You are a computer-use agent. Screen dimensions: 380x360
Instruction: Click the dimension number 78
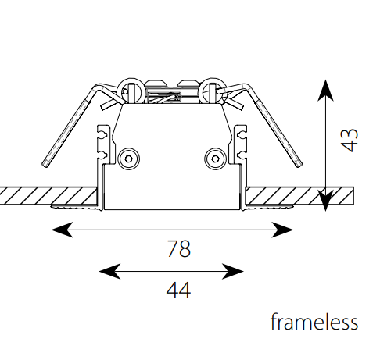coord(178,249)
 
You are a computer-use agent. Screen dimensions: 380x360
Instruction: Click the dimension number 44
coord(178,290)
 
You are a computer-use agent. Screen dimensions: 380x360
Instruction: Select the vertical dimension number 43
coord(350,140)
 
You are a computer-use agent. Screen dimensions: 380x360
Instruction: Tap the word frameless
coord(314,322)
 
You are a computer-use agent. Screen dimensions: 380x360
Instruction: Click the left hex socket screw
coord(129,159)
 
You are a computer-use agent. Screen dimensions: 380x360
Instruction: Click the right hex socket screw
coord(215,159)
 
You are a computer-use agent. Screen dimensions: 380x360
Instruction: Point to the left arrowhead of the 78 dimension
coord(62,230)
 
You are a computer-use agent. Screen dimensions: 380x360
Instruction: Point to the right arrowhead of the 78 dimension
coord(282,230)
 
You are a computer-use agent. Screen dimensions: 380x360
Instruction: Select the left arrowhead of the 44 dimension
coord(109,272)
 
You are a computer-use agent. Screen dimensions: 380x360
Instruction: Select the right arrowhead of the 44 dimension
coord(233,272)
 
